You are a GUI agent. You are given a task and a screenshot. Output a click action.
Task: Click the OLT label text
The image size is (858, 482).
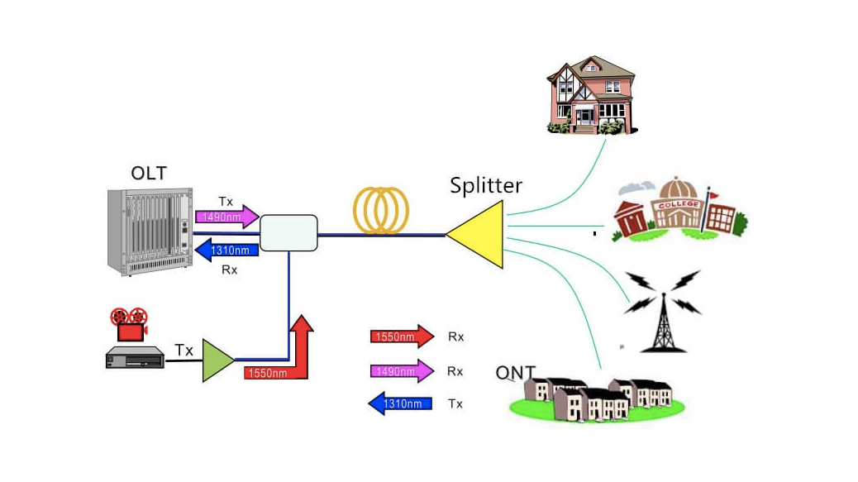(x=149, y=173)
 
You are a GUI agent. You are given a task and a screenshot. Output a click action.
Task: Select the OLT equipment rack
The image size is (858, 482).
(x=149, y=231)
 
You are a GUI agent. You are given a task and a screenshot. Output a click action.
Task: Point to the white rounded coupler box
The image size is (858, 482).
(x=288, y=232)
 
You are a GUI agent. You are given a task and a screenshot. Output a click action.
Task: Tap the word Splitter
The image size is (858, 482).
(x=486, y=185)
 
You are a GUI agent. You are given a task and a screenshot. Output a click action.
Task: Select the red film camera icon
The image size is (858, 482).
(x=128, y=324)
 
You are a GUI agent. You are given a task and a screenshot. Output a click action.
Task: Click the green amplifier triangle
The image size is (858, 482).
(x=217, y=361)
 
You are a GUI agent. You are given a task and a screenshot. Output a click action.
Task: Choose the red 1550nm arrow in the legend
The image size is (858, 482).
(x=401, y=336)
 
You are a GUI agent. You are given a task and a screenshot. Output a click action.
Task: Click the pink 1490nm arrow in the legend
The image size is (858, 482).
(x=401, y=371)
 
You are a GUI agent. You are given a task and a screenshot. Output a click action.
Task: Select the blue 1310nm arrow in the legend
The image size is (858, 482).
(x=401, y=404)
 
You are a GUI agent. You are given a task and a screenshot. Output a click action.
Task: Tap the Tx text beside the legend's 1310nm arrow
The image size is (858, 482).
(x=455, y=404)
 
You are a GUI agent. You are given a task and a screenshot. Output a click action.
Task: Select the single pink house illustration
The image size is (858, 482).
(x=590, y=95)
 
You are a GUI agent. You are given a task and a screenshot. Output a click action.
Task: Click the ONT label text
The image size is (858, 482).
(x=515, y=373)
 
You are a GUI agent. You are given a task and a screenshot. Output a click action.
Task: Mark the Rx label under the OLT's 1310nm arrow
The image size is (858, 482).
(x=230, y=270)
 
